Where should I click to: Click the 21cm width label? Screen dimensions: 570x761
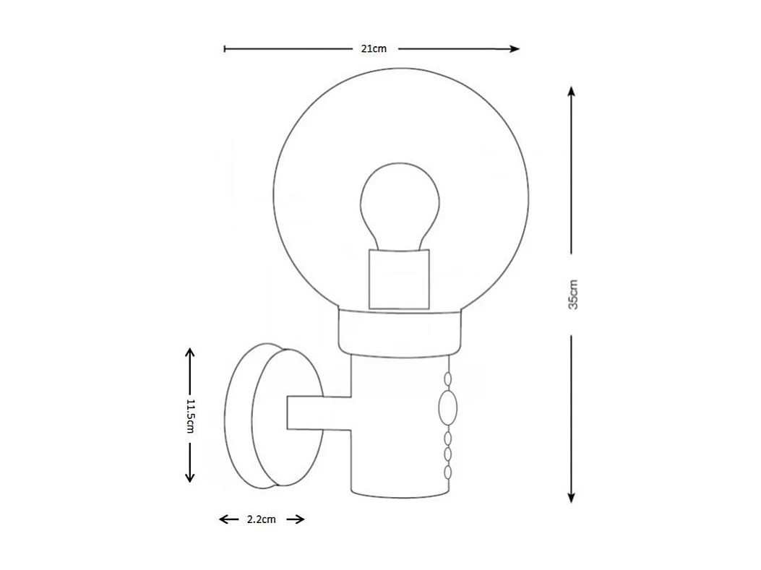[374, 49]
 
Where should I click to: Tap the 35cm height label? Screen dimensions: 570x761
[572, 293]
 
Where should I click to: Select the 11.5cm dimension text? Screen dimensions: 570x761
[191, 415]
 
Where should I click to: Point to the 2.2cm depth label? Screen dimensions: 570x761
[261, 519]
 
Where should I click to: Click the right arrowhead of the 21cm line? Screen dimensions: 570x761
[515, 49]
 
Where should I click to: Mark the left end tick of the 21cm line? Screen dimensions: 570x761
[225, 49]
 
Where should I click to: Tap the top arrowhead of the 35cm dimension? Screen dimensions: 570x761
[572, 92]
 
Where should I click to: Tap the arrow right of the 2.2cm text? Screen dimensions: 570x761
[298, 519]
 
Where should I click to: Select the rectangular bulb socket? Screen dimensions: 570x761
[399, 279]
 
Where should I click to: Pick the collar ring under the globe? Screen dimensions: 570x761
[399, 331]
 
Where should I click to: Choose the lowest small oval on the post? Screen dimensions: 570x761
[448, 472]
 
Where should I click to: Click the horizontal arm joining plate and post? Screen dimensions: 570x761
[318, 413]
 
